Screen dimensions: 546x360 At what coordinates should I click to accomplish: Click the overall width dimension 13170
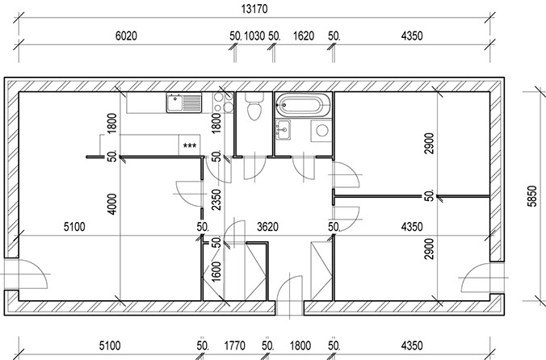pyautogui.click(x=254, y=9)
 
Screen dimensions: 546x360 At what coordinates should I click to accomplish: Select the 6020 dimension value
pyautogui.click(x=126, y=36)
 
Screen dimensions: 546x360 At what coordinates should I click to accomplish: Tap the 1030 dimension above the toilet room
pyautogui.click(x=254, y=36)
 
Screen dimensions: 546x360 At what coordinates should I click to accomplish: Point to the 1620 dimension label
pyautogui.click(x=304, y=36)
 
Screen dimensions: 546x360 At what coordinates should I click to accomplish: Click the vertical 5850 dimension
pyautogui.click(x=532, y=196)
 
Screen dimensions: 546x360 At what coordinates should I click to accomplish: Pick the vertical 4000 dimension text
pyautogui.click(x=111, y=204)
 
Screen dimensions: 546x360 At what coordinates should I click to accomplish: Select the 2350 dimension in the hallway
pyautogui.click(x=216, y=199)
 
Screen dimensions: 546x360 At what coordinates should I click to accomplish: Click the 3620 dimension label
pyautogui.click(x=267, y=227)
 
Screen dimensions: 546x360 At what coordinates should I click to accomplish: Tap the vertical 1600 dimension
pyautogui.click(x=216, y=272)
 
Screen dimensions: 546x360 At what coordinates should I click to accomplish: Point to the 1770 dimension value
pyautogui.click(x=235, y=345)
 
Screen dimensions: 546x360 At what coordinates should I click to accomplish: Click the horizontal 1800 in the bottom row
pyautogui.click(x=300, y=345)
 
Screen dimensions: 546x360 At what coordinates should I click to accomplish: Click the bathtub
pyautogui.click(x=303, y=104)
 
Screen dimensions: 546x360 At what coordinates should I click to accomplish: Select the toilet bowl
pyautogui.click(x=254, y=107)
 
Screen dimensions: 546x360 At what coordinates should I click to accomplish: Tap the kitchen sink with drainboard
pyautogui.click(x=184, y=103)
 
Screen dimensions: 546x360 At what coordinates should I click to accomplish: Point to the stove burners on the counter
pyautogui.click(x=223, y=103)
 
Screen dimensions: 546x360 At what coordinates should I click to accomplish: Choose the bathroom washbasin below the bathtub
pyautogui.click(x=283, y=129)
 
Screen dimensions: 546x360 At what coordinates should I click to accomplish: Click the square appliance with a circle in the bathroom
pyautogui.click(x=321, y=131)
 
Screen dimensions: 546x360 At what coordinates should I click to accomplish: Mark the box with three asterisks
pyautogui.click(x=190, y=145)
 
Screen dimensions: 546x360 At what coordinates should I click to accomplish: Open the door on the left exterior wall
pyautogui.click(x=25, y=274)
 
